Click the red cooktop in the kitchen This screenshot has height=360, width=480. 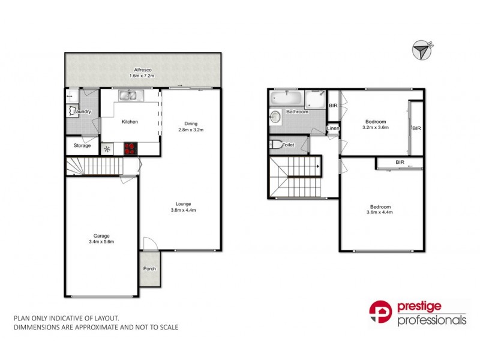pyautogui.click(x=131, y=148)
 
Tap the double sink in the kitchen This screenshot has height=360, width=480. pyautogui.click(x=128, y=95)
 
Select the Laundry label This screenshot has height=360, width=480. pyautogui.click(x=83, y=112)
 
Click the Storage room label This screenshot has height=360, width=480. pyautogui.click(x=82, y=146)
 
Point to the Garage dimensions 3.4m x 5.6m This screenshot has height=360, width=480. pyautogui.click(x=101, y=242)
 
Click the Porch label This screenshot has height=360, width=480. pyautogui.click(x=149, y=268)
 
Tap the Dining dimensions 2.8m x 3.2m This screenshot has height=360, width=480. pyautogui.click(x=191, y=130)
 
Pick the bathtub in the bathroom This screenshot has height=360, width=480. pyautogui.click(x=287, y=98)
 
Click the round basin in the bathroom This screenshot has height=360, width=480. pyautogui.click(x=275, y=116)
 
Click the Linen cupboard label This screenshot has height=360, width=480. pyautogui.click(x=332, y=130)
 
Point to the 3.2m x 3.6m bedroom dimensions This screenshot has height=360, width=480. pyautogui.click(x=376, y=127)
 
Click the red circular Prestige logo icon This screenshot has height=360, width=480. pyautogui.click(x=380, y=313)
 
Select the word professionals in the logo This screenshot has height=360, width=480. pyautogui.click(x=431, y=321)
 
